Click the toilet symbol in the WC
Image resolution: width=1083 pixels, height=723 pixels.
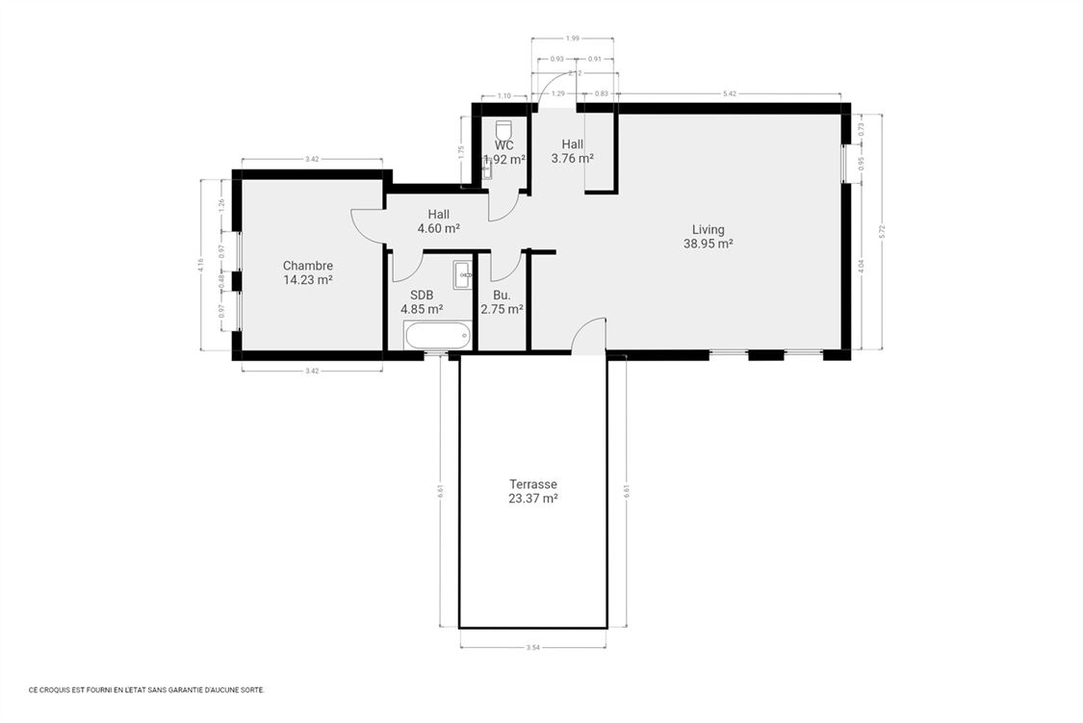503,130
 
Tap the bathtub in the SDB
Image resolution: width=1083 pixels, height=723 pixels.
437,336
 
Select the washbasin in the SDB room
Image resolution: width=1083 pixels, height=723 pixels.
462,274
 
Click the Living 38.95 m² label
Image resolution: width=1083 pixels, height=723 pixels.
708,237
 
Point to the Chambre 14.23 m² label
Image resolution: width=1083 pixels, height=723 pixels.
307,272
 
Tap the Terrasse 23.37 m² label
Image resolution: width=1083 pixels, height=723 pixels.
532,491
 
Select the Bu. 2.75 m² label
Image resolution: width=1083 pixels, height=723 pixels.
502,302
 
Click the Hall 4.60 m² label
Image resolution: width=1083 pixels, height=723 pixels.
438,221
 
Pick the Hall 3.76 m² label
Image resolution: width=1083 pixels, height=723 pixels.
572,151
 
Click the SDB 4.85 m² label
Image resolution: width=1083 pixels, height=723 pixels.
422,302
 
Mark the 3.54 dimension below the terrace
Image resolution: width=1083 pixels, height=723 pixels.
532,647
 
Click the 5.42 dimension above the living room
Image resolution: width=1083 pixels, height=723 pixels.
729,93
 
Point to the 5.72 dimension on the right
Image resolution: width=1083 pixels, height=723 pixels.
881,231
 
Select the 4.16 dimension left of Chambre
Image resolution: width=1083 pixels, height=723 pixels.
200,265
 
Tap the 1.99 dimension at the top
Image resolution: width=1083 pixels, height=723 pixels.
573,38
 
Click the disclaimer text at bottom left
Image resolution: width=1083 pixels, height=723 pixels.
146,689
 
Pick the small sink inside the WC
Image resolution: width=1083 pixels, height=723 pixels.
486,170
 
